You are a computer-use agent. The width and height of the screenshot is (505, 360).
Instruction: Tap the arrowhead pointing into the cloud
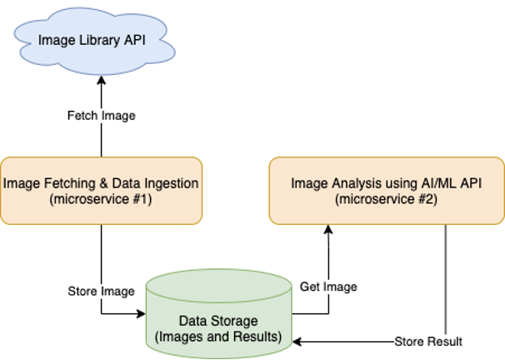[101, 80]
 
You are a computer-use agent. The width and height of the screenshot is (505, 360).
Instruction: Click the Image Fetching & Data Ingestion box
[101, 190]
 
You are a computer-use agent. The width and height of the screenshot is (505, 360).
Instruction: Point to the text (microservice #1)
[101, 199]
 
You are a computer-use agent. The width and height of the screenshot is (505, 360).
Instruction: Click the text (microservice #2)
[386, 199]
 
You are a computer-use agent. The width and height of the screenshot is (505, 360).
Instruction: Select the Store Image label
[101, 291]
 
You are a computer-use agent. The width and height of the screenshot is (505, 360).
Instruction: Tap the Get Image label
[328, 287]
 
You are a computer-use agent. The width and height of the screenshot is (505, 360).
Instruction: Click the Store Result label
[427, 342]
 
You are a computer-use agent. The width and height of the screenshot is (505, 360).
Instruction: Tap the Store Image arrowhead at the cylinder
[142, 314]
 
